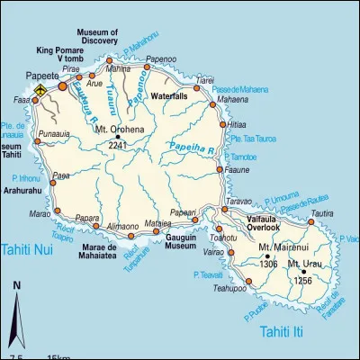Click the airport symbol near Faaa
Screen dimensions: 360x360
tap(40, 91)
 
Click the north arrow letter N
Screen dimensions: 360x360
tap(16, 286)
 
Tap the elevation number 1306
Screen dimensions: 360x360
tap(269, 264)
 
